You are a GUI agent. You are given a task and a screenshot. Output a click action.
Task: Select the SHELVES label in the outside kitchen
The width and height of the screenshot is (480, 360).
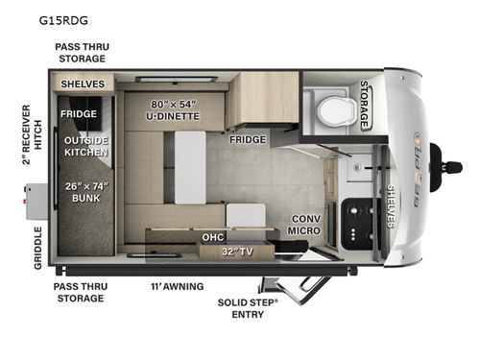coord(84,84)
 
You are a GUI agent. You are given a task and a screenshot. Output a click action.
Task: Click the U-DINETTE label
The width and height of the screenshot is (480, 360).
coord(173,109)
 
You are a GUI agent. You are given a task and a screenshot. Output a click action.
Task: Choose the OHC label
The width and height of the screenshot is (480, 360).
coord(213,236)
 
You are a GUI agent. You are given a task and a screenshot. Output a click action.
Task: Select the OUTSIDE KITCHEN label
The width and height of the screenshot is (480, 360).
coord(86,145)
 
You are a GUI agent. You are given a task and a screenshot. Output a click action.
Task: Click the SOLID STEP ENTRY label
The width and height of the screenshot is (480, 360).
coord(248,305)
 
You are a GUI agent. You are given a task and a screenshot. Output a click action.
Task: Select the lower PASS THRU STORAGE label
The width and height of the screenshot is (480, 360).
coord(80,292)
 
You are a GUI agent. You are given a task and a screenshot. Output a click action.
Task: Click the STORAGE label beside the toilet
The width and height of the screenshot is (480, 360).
coord(364,104)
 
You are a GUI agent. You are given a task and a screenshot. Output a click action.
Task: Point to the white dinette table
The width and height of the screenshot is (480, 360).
coord(189,169)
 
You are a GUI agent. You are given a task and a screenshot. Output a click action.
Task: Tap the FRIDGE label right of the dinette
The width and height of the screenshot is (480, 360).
coord(248,139)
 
